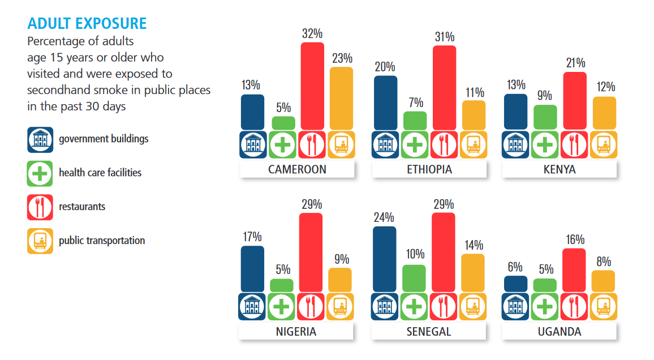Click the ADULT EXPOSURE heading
coord(87,24)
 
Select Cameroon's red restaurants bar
coord(312,86)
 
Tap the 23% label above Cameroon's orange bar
coord(341,58)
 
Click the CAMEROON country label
coord(297,169)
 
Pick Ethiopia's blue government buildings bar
coord(385,103)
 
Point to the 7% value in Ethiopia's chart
coord(415,102)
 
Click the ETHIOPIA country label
coord(429,169)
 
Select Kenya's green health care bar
coord(545,118)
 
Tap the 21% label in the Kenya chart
coord(575,63)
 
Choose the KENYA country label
coord(560,169)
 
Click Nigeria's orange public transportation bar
coord(340,280)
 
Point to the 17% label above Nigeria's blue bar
coord(252,236)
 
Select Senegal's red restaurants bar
coord(443,252)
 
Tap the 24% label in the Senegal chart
coord(385,217)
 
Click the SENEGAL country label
coord(429,332)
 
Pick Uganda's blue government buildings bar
coord(515,284)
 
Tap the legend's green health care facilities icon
coord(40,173)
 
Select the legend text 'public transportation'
coord(102,241)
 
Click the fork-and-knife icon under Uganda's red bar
coord(574,306)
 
